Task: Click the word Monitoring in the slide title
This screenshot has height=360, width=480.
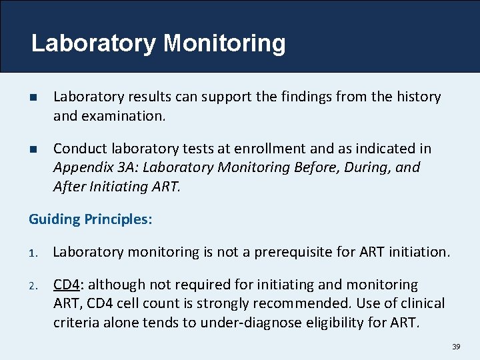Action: click(225, 43)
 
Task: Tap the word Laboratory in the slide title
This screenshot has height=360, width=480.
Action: click(93, 43)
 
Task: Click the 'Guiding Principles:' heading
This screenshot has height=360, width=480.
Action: click(90, 219)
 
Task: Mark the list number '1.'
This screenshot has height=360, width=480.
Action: click(34, 253)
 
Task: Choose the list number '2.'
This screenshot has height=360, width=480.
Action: click(34, 285)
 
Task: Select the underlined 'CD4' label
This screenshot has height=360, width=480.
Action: click(66, 285)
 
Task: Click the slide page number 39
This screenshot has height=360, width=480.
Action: click(456, 347)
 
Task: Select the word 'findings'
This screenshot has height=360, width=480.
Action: click(318, 97)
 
